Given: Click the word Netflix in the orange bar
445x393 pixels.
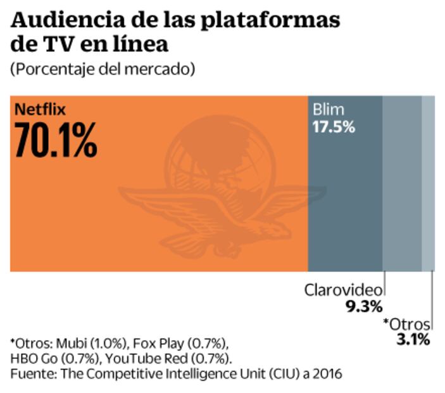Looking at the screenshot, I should pos(41,108).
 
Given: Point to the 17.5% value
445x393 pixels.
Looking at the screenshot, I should pos(334,126).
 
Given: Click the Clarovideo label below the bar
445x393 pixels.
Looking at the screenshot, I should pos(344,290).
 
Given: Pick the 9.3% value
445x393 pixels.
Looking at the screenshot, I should pos(365,307).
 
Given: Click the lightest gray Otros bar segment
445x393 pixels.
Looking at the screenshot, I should pos(428,184).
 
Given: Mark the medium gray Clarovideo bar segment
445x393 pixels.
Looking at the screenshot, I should pos(402,184).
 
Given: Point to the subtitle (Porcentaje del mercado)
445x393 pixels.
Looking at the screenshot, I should pos(102,69).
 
